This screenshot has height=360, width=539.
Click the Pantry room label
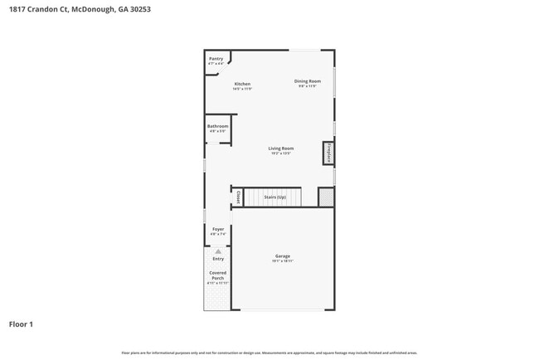(216, 59)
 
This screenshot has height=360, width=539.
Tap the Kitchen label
(242, 84)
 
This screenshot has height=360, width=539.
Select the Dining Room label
(307, 80)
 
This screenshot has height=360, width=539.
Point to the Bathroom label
(217, 126)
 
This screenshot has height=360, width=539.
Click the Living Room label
(281, 148)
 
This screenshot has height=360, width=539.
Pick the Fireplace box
(329, 153)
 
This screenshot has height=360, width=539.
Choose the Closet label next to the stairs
(238, 197)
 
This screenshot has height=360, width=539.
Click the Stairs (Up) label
(274, 197)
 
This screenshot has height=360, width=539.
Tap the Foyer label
(218, 229)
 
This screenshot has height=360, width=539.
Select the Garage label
(283, 256)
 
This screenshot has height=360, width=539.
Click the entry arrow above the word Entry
(218, 251)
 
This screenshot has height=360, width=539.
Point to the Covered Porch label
(217, 275)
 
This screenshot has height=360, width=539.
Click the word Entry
(218, 259)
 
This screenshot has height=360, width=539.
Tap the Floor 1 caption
(22, 324)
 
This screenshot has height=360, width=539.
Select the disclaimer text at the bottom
(269, 353)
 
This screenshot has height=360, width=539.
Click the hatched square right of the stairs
(326, 197)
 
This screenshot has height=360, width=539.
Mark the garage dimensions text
(283, 261)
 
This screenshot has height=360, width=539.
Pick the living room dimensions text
(281, 153)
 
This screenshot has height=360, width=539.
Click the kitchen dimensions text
(242, 89)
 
